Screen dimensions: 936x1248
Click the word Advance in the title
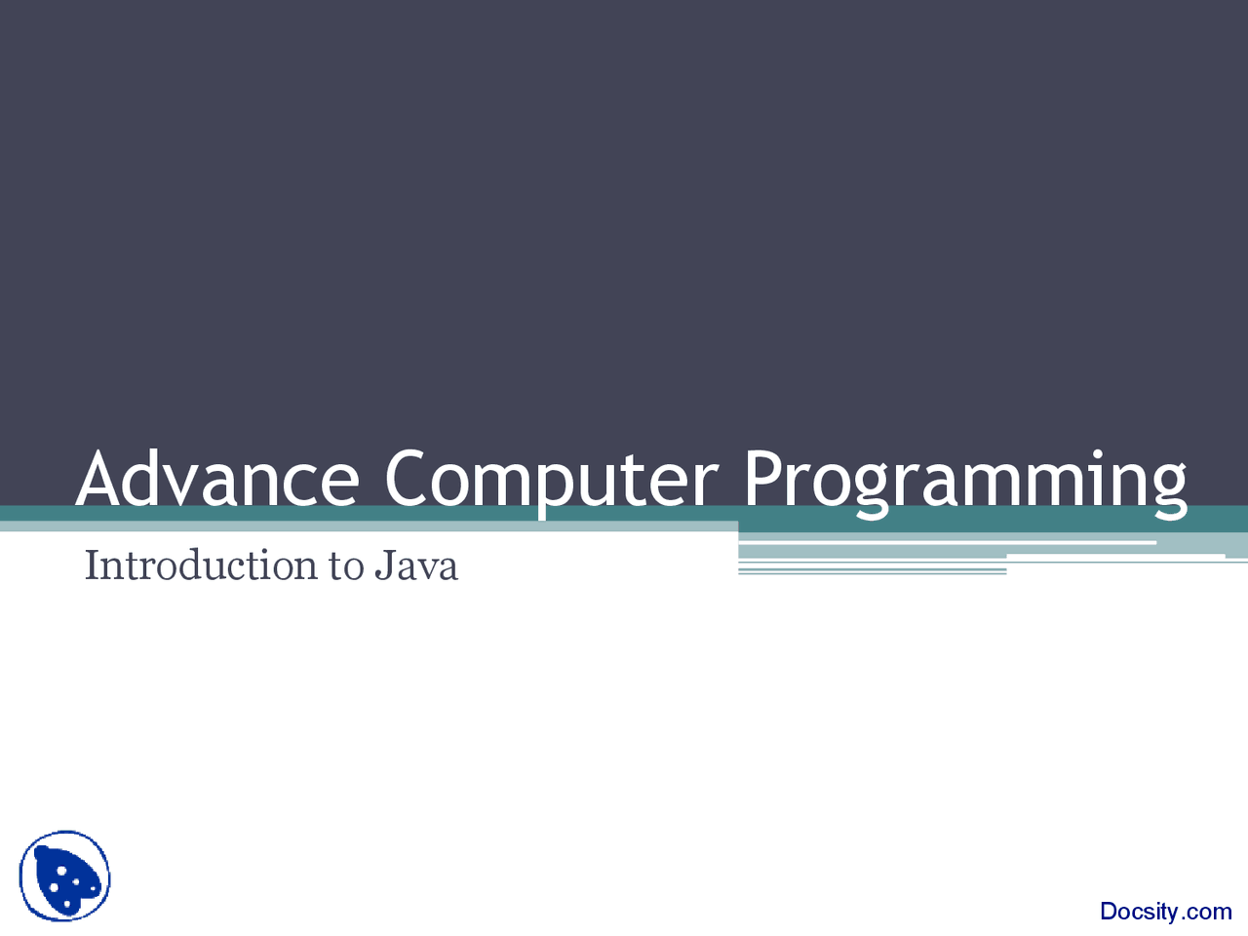tap(217, 479)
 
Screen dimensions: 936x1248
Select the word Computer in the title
tap(551, 479)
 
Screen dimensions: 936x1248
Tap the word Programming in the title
tap(965, 479)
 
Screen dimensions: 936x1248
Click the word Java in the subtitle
tap(416, 565)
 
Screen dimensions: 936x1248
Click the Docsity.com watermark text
tap(1165, 912)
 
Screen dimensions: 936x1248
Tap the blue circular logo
tap(65, 877)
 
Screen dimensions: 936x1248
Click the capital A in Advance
tap(100, 479)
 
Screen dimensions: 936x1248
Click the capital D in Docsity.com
tap(1109, 912)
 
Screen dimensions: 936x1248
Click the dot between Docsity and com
tap(1183, 918)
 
